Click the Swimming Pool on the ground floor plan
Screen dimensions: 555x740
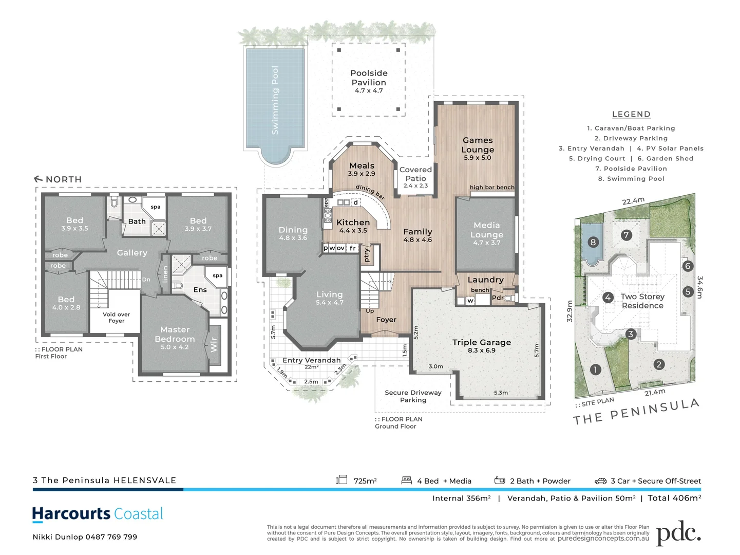275,101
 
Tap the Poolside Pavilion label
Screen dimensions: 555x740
369,78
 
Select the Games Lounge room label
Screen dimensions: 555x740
478,145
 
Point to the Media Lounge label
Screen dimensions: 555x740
486,230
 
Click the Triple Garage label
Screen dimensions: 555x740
481,343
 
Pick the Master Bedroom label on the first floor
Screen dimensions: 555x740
175,335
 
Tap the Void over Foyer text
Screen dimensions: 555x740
116,318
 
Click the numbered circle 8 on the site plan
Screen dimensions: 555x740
593,242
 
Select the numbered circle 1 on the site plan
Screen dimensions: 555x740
595,369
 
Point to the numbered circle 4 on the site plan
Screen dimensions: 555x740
608,297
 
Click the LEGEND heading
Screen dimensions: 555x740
631,115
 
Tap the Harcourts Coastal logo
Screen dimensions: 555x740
98,514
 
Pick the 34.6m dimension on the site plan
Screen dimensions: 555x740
699,287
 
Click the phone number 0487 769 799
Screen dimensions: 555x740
111,537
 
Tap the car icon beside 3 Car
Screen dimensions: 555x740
600,481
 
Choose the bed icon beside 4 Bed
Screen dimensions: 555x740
407,480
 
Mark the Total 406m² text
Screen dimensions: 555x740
674,498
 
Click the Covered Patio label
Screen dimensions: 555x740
415,174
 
